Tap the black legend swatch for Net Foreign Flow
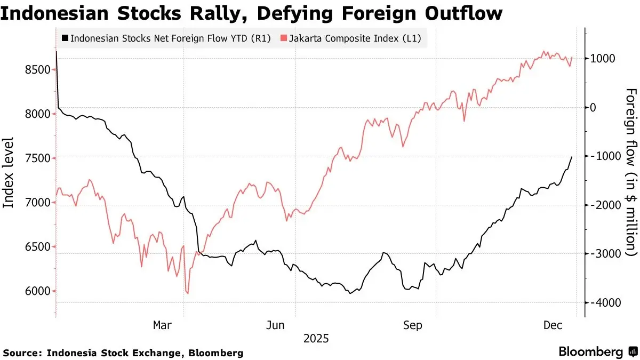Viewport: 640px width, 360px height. [65, 38]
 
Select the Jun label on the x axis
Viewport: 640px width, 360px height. [276, 324]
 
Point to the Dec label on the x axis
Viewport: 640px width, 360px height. [554, 324]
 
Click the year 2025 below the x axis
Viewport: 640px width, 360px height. [316, 338]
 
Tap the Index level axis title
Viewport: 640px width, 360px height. [9, 173]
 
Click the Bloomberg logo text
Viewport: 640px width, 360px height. [591, 352]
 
